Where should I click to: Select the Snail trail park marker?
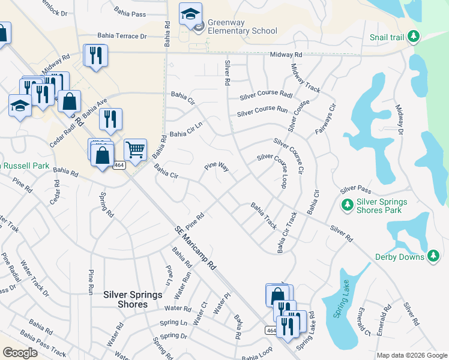413,37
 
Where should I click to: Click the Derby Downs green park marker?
433,257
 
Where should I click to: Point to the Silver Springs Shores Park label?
382,206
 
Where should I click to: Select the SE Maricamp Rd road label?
195,247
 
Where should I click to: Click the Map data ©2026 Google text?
412,355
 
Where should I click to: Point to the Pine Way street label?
216,166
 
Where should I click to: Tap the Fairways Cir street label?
325,120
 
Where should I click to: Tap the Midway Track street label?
306,78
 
